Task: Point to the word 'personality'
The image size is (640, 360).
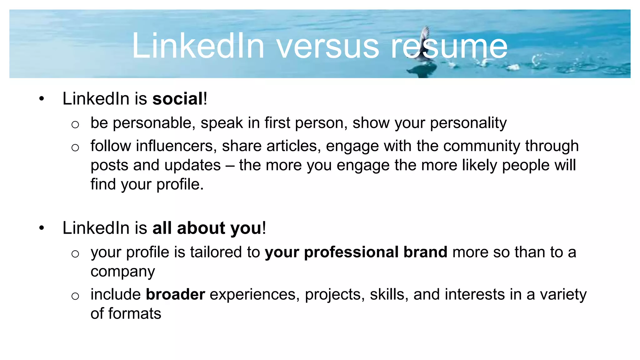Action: click(x=468, y=123)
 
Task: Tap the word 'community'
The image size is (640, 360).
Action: click(x=482, y=146)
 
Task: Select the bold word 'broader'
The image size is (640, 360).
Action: click(x=175, y=294)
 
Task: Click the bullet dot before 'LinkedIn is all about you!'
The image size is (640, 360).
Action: click(x=42, y=228)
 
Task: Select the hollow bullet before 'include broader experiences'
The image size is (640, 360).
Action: click(x=75, y=296)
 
